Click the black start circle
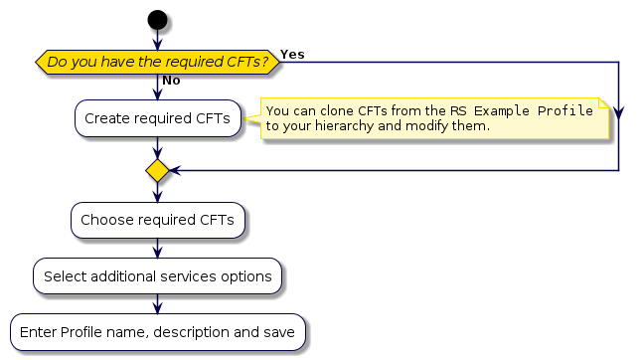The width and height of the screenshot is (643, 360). coord(157,19)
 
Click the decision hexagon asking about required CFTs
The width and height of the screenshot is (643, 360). coord(157,62)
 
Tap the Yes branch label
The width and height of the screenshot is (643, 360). coord(292,52)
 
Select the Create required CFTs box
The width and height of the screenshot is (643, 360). coord(157,118)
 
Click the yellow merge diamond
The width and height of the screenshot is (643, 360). coord(157,171)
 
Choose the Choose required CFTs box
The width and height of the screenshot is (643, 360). coord(157,220)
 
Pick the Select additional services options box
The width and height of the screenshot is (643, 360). coord(157,275)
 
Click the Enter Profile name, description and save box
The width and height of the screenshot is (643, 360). coord(157,331)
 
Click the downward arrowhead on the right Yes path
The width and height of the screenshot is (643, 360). coord(619,113)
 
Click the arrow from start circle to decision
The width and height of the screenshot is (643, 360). coord(157,40)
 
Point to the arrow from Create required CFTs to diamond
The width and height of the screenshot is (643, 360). coord(157,147)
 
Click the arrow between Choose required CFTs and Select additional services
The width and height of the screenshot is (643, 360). coord(157,248)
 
